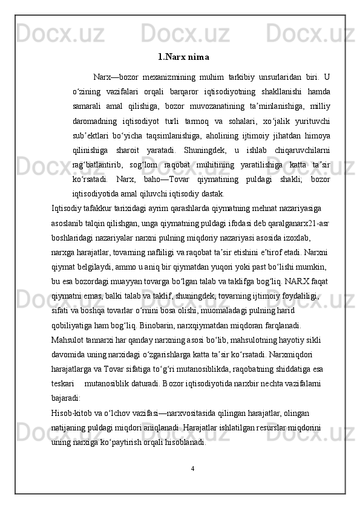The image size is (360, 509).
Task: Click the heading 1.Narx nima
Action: pyautogui.click(x=183, y=58)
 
